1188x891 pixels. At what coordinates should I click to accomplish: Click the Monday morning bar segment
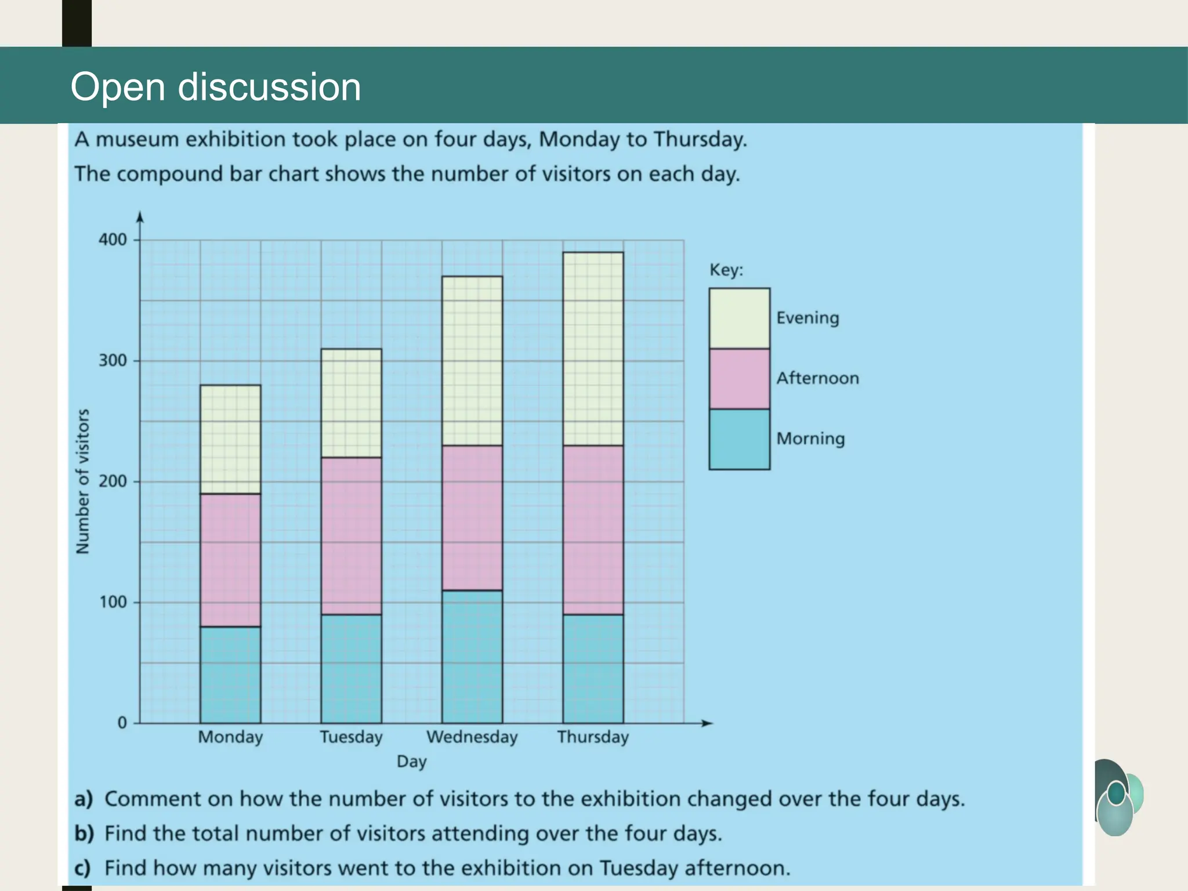tap(230, 675)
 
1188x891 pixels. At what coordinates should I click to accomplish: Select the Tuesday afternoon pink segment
tap(351, 535)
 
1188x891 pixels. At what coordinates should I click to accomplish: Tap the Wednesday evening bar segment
tap(472, 361)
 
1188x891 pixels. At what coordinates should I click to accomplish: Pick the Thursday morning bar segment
tap(593, 668)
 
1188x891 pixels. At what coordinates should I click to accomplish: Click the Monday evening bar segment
tap(230, 439)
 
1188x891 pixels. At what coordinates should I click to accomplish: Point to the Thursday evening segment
tap(593, 349)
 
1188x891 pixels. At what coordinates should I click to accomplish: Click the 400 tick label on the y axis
tap(113, 240)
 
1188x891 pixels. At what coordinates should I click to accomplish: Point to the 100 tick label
tap(113, 602)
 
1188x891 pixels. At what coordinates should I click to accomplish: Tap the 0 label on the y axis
tap(122, 723)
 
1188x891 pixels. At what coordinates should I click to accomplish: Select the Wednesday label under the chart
tap(472, 737)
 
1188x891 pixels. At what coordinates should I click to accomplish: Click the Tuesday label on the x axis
tap(351, 737)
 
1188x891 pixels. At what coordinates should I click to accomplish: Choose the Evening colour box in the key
tap(739, 318)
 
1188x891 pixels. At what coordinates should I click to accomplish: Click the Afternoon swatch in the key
tap(739, 379)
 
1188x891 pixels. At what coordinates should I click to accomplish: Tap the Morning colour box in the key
tap(739, 439)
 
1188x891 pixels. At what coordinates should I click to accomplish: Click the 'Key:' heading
tap(726, 270)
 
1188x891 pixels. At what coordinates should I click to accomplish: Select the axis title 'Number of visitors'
tap(83, 481)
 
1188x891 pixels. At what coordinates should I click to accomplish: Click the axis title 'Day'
tap(411, 762)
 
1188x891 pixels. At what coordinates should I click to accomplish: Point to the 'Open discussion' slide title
tap(216, 87)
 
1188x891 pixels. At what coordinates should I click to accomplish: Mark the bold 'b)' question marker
tap(84, 834)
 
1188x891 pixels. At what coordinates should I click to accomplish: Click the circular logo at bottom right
tap(1117, 798)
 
